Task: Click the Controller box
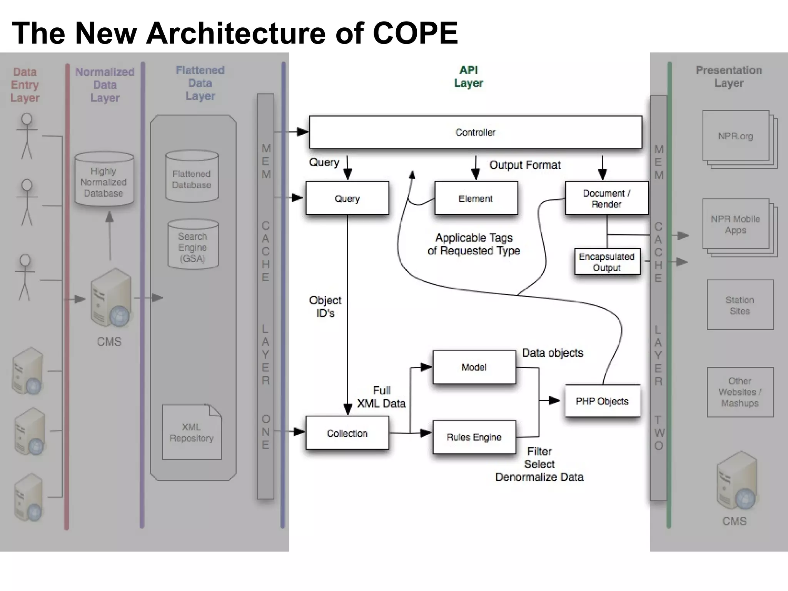tap(476, 132)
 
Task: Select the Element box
tap(476, 198)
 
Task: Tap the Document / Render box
tap(606, 198)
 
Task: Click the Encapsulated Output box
tap(607, 262)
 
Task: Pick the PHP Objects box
tap(602, 401)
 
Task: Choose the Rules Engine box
tap(474, 437)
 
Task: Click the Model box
tap(474, 367)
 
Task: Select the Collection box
tap(347, 433)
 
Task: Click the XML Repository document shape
tap(192, 432)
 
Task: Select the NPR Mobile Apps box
tap(735, 224)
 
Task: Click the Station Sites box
tap(740, 305)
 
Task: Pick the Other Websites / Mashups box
tap(740, 392)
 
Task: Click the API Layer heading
tap(468, 77)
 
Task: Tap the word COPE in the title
tap(415, 33)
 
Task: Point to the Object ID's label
tap(325, 307)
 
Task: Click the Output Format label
tap(524, 165)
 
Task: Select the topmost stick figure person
tap(27, 135)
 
